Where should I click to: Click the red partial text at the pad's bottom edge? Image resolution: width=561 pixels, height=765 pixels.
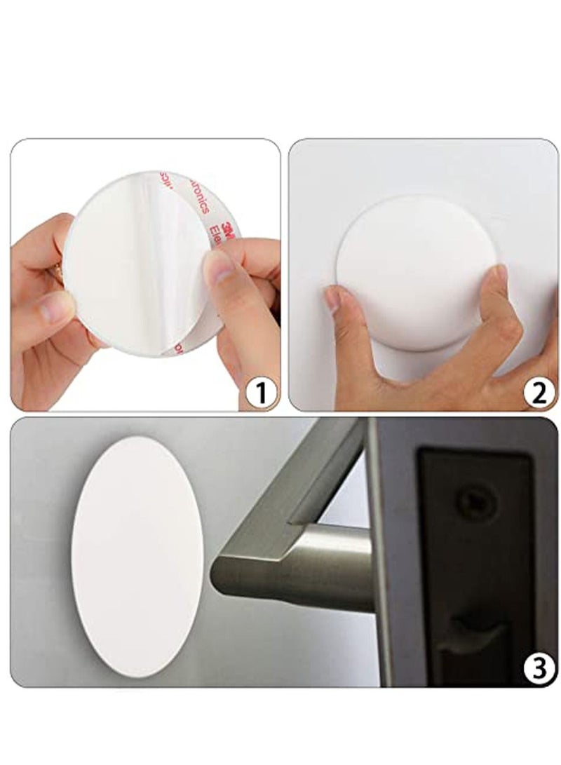[177, 346]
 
